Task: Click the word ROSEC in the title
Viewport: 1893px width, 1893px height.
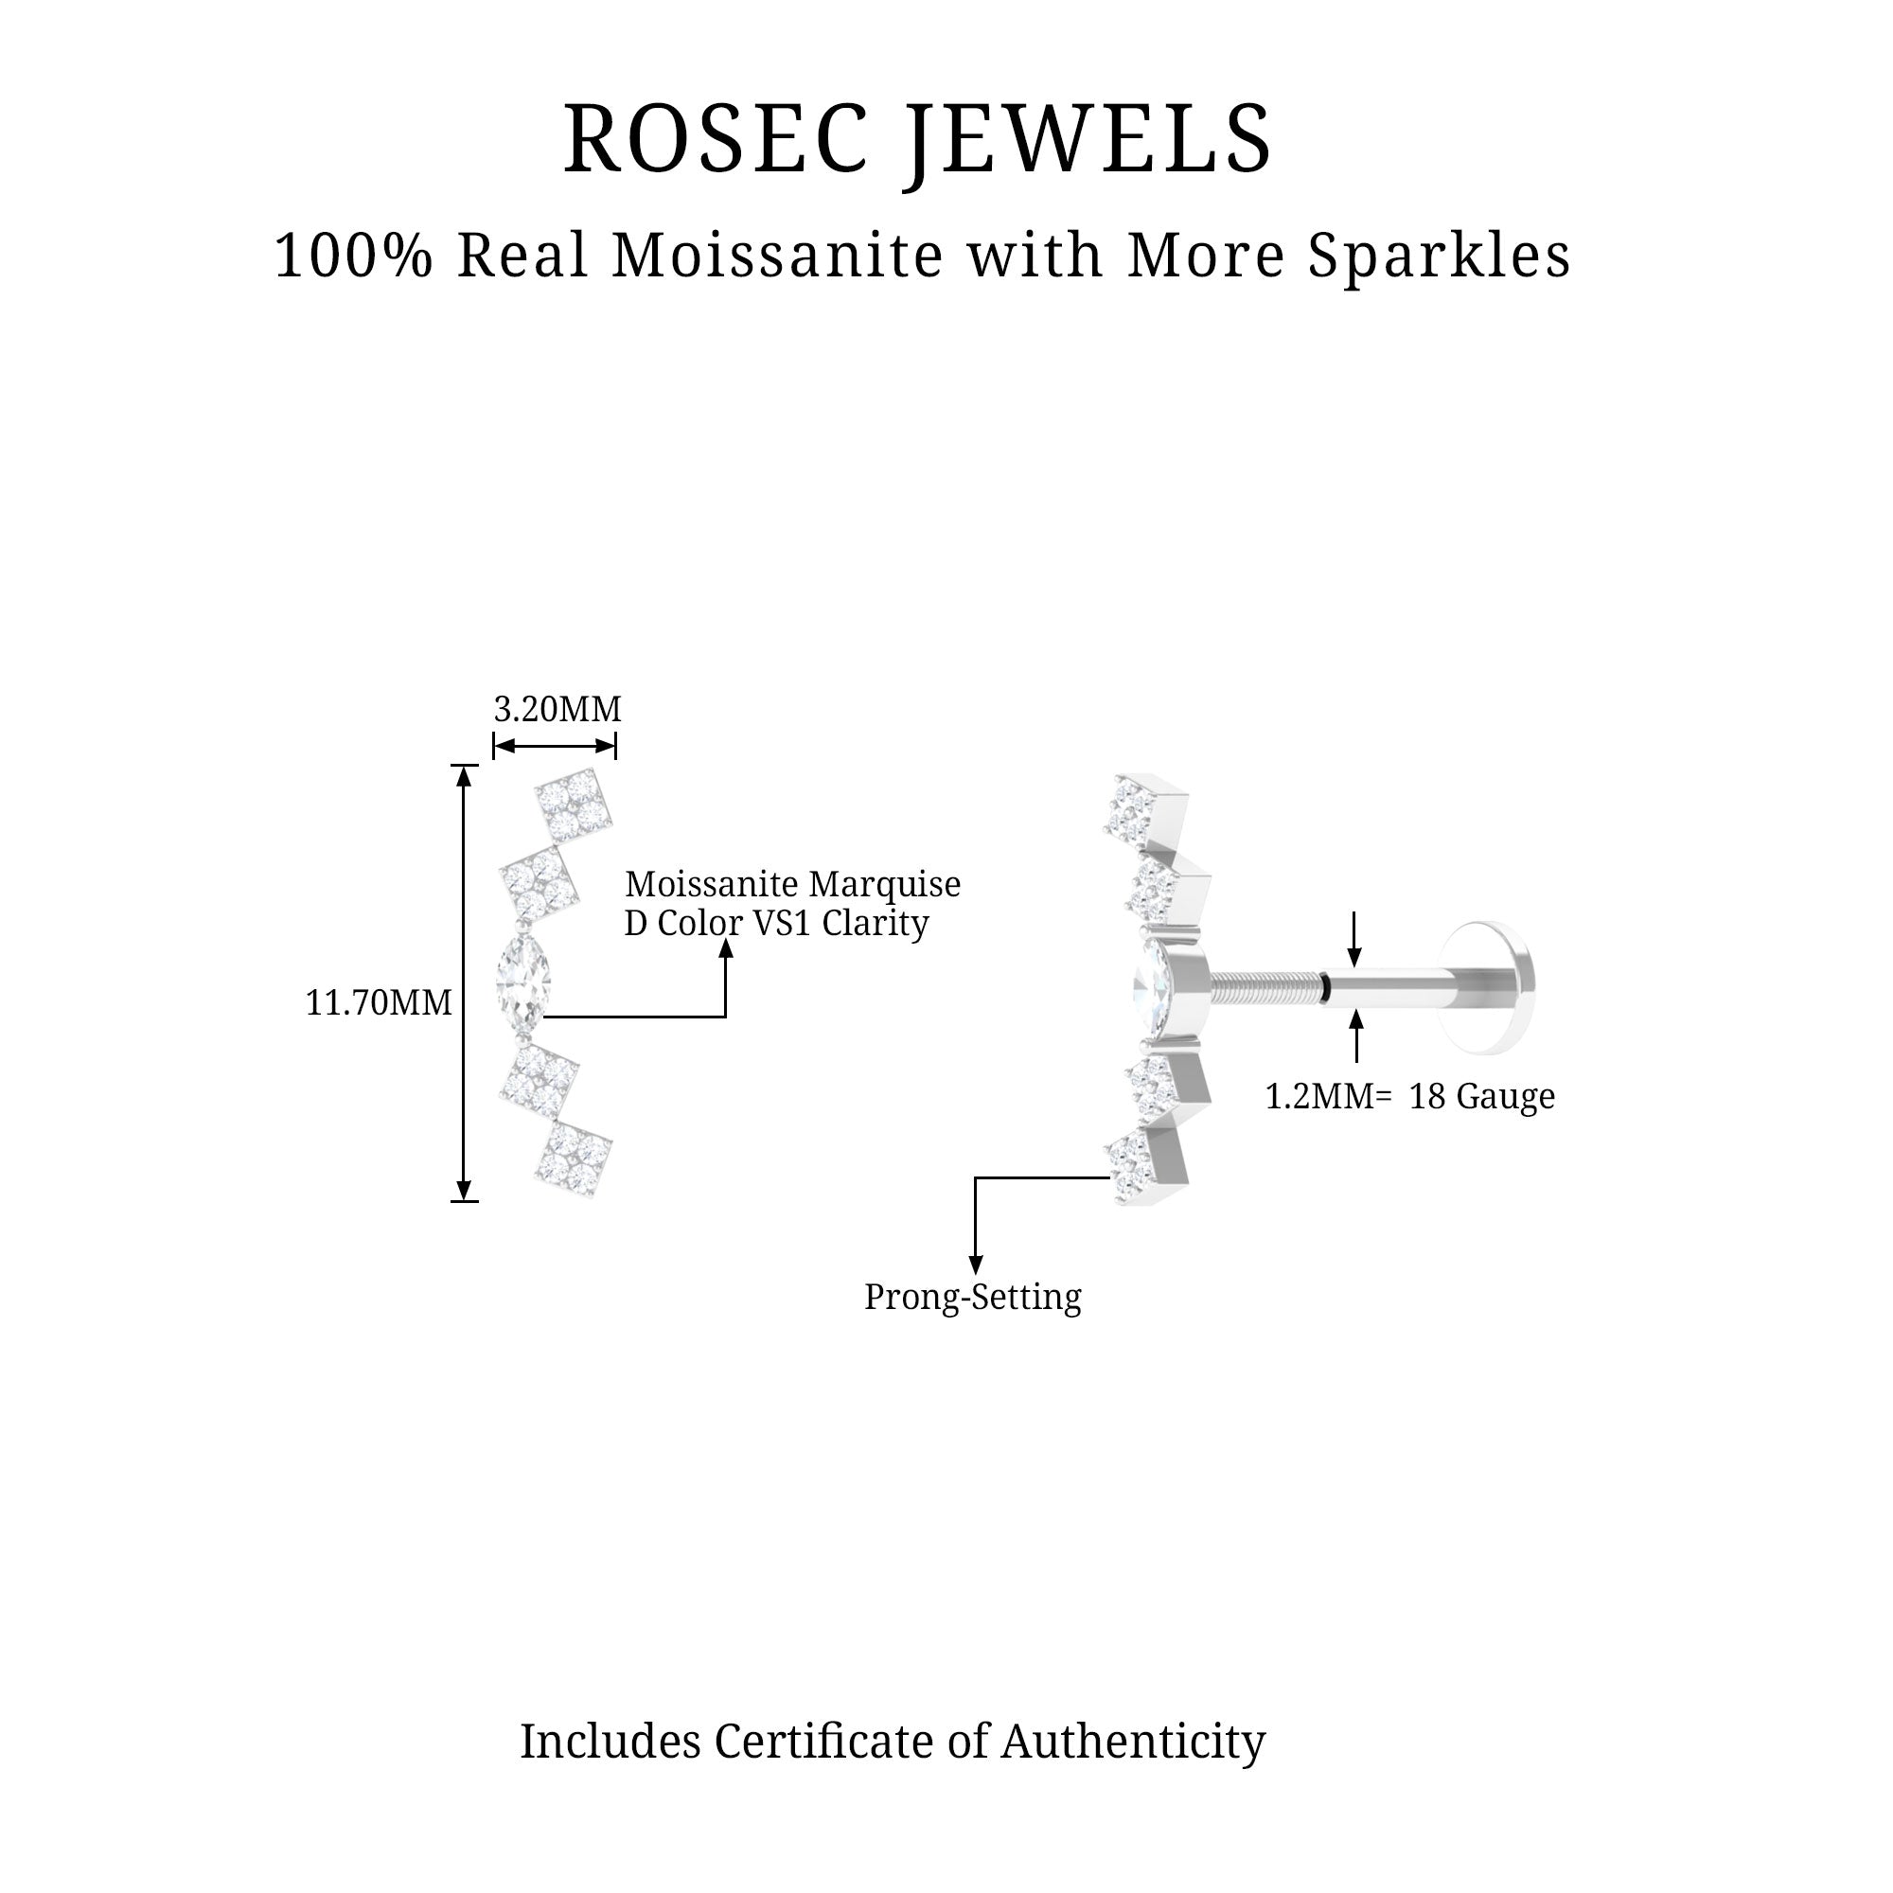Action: [717, 140]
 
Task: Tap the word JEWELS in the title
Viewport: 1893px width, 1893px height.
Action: [1088, 140]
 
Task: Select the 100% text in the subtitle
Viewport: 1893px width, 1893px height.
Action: [353, 257]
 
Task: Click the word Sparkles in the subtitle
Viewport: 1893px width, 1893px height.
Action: [1440, 257]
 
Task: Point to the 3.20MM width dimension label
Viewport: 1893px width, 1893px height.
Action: [557, 709]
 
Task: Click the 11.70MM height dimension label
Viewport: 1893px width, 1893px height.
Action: [379, 1003]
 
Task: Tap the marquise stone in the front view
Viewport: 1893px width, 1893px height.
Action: [522, 976]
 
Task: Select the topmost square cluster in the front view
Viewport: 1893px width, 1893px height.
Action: [574, 805]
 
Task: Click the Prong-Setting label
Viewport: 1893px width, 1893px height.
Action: [972, 1298]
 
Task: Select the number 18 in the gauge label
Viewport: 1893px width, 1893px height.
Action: [1426, 1096]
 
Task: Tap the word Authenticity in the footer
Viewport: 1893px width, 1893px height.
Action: [1133, 1742]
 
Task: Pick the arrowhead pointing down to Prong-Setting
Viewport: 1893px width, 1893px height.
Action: [975, 1265]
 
